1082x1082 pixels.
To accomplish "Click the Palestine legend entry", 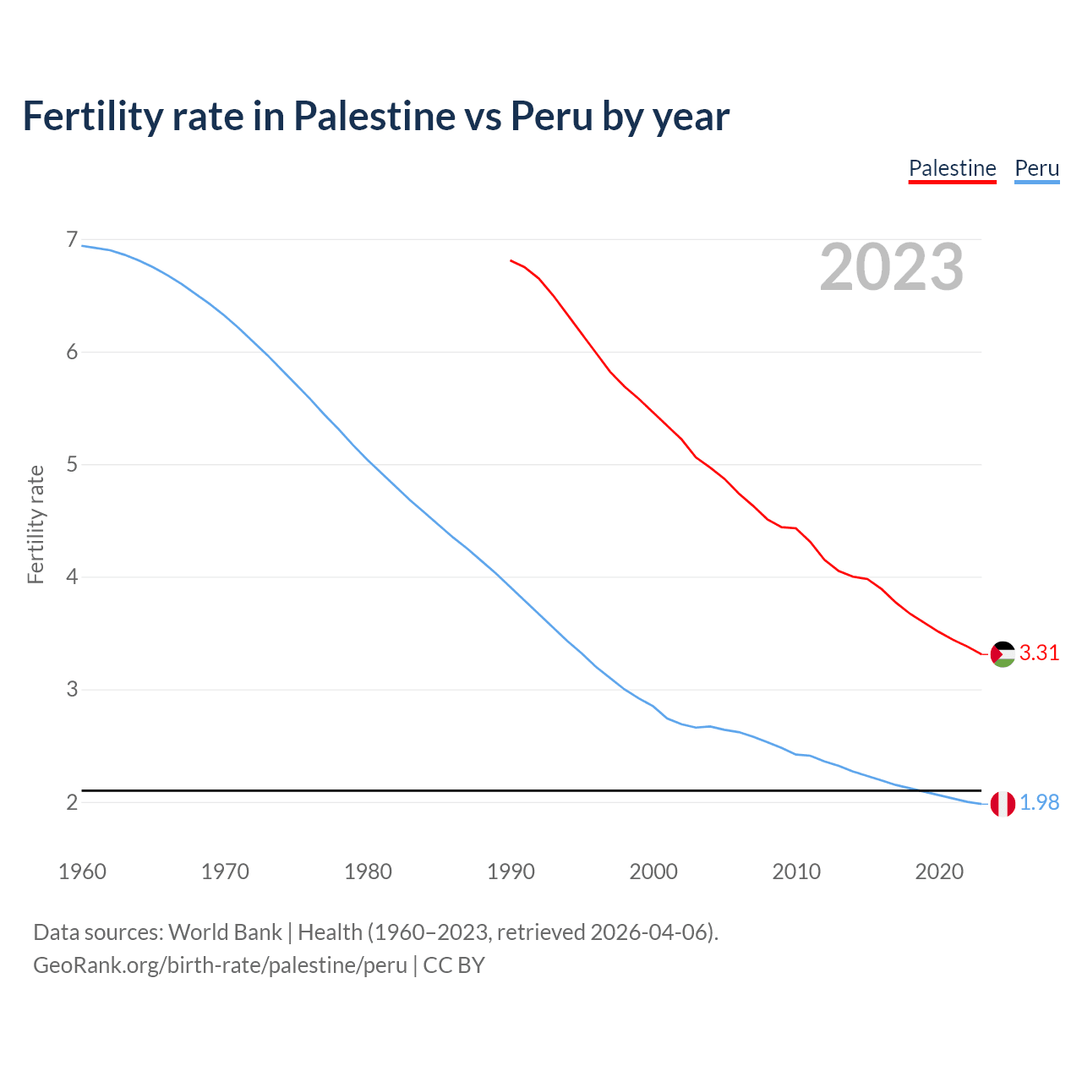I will click(952, 168).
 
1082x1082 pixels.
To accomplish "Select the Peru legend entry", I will click(1036, 168).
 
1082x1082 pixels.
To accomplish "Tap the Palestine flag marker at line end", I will click(1003, 654).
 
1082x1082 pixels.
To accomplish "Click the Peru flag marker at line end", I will click(1003, 804).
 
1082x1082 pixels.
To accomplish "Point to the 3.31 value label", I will click(1039, 653).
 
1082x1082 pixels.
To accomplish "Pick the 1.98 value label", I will click(1039, 802).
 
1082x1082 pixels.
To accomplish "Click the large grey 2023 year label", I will click(891, 267).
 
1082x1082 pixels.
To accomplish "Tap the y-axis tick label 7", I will click(72, 240).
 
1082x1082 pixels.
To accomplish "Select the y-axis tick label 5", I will click(72, 465).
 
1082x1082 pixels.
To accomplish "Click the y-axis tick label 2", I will click(72, 802).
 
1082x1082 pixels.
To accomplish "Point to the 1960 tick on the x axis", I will click(82, 872).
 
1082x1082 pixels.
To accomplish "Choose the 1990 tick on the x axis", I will click(511, 872).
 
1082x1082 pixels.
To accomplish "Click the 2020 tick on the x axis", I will click(939, 872).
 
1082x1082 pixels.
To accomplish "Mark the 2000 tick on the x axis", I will click(653, 872).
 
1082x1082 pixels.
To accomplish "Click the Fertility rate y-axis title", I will click(36, 524).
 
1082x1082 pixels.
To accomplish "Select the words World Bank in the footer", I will click(225, 932).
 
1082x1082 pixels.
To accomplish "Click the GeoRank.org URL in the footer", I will click(220, 965).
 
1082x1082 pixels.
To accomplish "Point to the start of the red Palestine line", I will click(511, 261).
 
